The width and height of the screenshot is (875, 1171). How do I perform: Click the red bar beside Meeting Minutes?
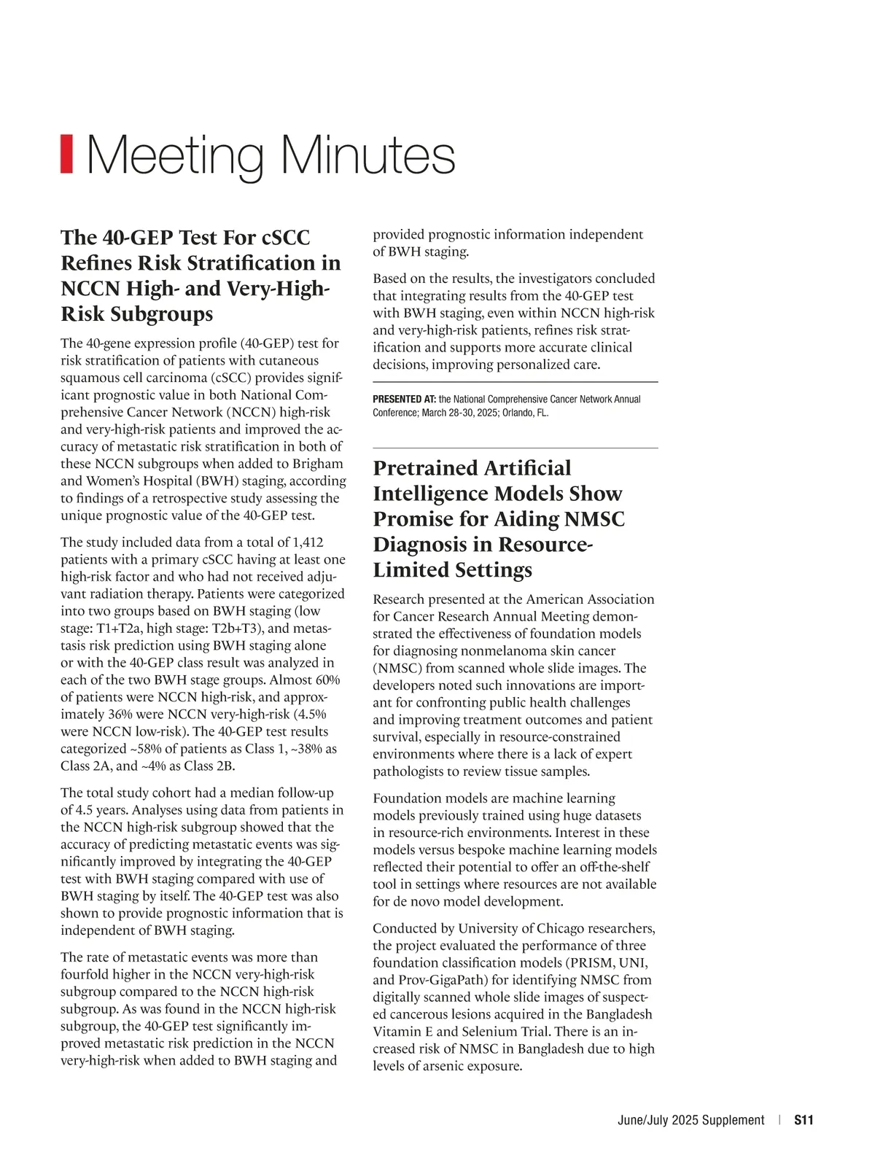[x=66, y=154]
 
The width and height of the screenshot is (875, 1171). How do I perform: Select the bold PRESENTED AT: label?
[x=404, y=400]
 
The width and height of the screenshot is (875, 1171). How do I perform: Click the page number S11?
[x=804, y=1120]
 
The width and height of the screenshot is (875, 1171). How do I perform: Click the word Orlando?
[x=518, y=413]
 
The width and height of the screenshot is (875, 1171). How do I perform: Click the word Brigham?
[x=317, y=464]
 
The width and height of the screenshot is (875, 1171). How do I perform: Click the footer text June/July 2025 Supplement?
[x=691, y=1120]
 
